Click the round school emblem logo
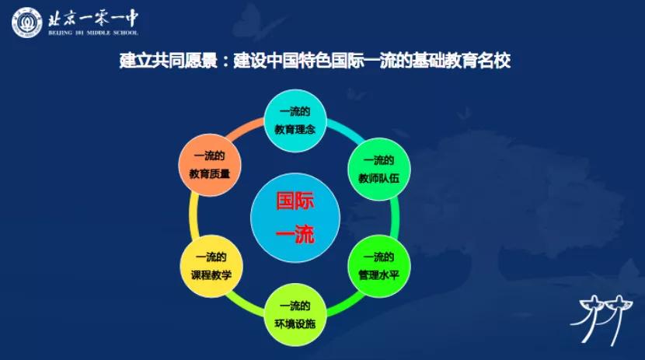click(27, 23)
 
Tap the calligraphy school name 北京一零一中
click(93, 18)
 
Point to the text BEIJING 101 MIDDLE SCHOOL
click(93, 33)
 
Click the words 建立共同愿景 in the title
click(168, 61)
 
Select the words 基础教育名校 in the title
click(462, 61)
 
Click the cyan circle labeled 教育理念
click(295, 121)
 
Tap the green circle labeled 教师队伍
click(379, 169)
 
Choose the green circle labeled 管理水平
click(379, 266)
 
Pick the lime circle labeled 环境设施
click(295, 315)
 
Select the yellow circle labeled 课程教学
click(211, 266)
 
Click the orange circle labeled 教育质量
click(209, 165)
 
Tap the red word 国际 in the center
click(295, 201)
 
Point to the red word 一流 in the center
click(295, 235)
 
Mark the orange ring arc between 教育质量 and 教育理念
click(245, 128)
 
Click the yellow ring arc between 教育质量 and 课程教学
click(193, 216)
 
